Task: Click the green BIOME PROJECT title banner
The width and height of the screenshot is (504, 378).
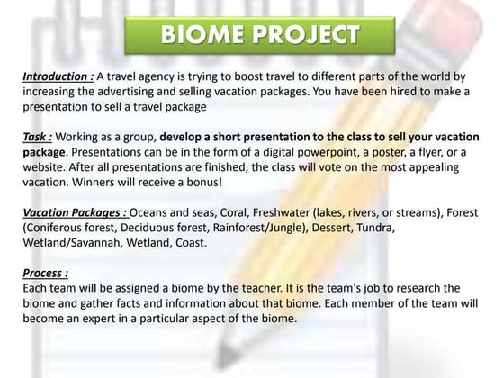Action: point(261,36)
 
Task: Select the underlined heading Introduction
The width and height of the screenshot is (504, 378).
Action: point(58,78)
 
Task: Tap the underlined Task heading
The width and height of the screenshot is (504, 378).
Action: point(38,138)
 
